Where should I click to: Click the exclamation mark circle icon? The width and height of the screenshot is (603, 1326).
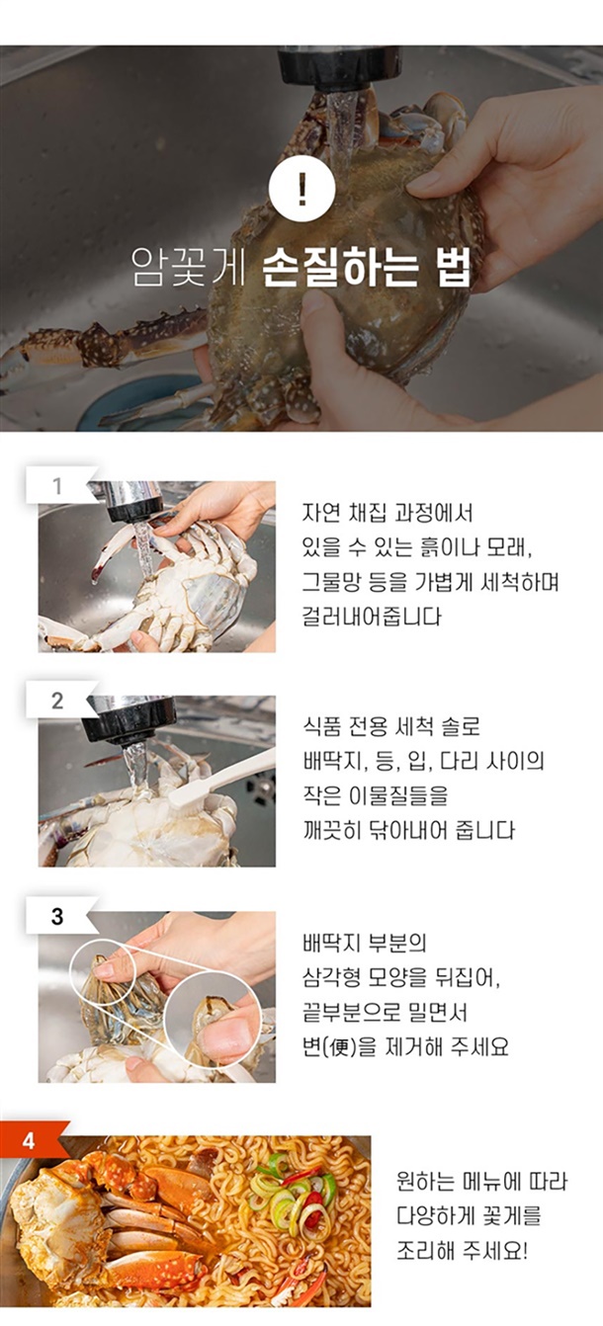point(302,190)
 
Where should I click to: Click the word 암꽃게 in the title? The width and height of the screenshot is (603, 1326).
point(188,268)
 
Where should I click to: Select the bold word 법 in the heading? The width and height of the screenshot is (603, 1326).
point(450,268)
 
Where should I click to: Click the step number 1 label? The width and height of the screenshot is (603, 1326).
point(57,486)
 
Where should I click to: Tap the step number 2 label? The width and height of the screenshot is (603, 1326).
point(57,701)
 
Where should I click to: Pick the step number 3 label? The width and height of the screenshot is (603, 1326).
point(57,916)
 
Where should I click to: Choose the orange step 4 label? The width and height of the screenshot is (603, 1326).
point(30,1141)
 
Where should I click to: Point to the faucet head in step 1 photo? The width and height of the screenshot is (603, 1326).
point(133,502)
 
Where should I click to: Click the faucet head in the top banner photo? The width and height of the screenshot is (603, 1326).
point(339,67)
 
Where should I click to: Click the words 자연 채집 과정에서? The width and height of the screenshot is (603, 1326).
point(388,513)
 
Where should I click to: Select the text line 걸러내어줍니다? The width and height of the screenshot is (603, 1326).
point(372,617)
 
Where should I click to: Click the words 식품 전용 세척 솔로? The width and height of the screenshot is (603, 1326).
point(390,726)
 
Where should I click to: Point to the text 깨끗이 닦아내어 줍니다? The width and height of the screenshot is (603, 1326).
point(408,831)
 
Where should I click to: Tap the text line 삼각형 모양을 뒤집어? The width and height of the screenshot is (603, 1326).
point(401,978)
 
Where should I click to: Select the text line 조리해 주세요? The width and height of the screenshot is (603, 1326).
point(462,1252)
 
